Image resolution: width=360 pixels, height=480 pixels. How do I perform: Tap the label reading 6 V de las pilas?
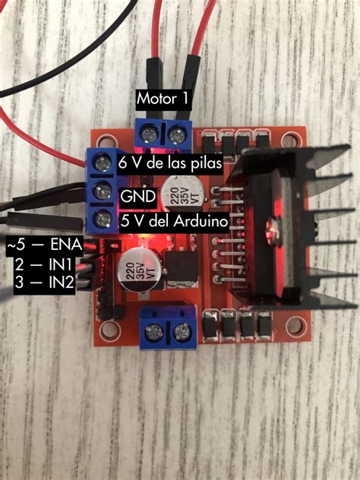tap(169, 163)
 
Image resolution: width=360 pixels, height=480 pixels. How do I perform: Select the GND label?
tap(137, 197)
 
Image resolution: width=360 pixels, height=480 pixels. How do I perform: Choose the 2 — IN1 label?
tap(43, 265)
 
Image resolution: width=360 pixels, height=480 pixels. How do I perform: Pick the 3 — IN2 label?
tap(43, 283)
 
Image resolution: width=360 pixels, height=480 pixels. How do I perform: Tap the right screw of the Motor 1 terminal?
tap(178, 134)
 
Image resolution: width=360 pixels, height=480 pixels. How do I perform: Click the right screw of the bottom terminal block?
tap(183, 332)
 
